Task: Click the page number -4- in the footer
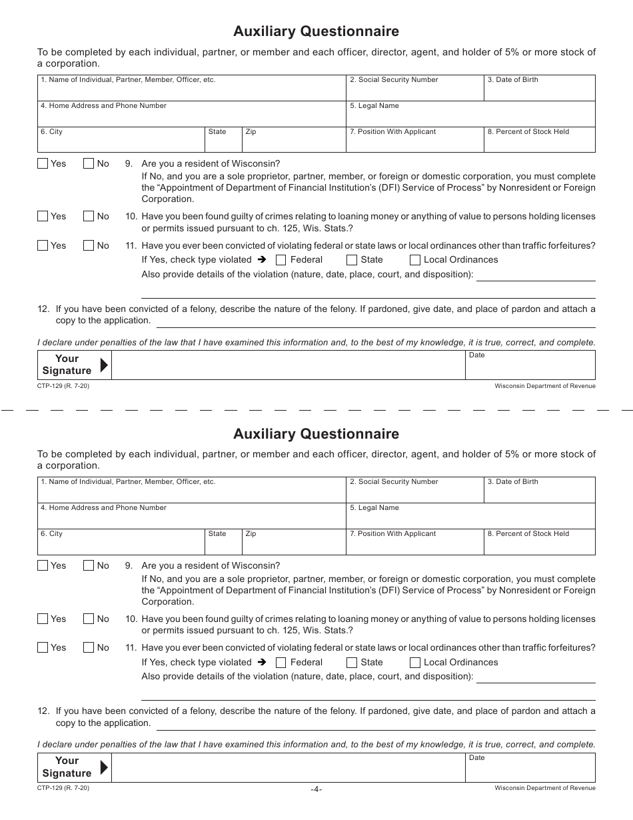(x=316, y=789)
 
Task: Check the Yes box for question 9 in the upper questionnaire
(x=43, y=163)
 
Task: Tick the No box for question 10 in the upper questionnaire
(x=89, y=216)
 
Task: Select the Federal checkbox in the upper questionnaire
(x=281, y=260)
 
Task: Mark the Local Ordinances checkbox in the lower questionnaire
(x=414, y=663)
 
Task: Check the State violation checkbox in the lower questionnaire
(x=352, y=663)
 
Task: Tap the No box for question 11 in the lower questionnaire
(x=89, y=647)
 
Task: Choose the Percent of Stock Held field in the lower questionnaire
(x=538, y=543)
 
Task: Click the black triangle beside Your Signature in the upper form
(x=103, y=365)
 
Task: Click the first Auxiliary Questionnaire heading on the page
(x=316, y=31)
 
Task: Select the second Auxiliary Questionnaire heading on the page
(x=316, y=434)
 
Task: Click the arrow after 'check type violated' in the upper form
(x=262, y=260)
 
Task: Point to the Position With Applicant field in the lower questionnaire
(x=414, y=543)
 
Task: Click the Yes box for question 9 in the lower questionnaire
(x=43, y=565)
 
